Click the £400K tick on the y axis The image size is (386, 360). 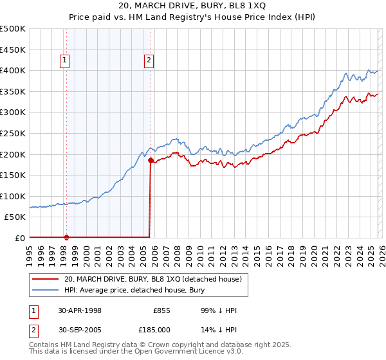[14, 70]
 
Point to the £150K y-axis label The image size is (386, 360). [14, 175]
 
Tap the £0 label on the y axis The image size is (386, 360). [20, 238]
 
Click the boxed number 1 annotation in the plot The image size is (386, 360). [66, 61]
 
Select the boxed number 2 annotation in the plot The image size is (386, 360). [149, 61]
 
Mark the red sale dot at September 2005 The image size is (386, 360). [151, 160]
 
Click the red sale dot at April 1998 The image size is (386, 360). [66, 237]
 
